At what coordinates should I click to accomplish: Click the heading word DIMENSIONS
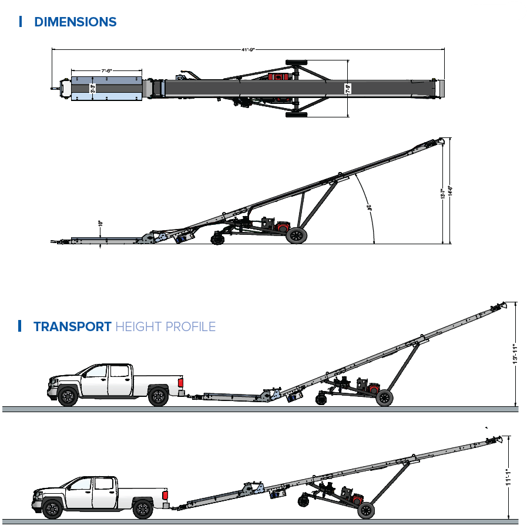[75, 22]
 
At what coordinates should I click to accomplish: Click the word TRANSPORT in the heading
[72, 326]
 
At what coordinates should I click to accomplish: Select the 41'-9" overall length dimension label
[247, 50]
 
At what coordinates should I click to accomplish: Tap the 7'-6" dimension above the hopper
[106, 70]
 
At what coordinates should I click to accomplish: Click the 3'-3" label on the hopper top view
[92, 89]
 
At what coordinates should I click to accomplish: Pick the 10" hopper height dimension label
[100, 224]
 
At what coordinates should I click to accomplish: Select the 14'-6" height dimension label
[451, 192]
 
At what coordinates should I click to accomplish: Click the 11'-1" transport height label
[509, 474]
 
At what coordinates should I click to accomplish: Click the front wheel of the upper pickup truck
[68, 397]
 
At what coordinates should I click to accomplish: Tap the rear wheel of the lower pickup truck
[142, 508]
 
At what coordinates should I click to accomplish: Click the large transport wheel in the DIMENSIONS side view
[297, 235]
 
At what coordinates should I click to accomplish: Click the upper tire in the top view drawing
[297, 62]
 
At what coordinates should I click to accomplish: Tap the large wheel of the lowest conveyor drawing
[366, 510]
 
